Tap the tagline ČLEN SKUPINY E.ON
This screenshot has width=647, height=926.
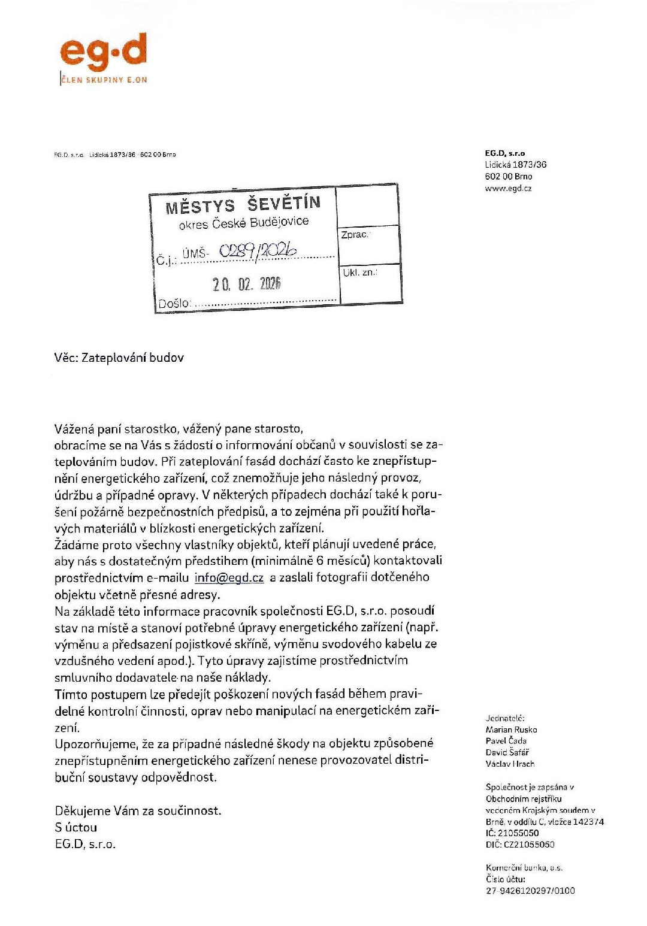[x=104, y=80]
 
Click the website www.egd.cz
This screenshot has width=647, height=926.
[x=508, y=188]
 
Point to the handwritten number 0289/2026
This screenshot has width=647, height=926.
[x=258, y=251]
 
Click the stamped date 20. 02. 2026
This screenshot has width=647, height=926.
[x=246, y=284]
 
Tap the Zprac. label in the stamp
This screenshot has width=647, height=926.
[x=355, y=234]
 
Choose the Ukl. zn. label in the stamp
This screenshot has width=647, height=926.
[x=359, y=273]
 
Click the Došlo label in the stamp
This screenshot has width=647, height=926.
[x=174, y=304]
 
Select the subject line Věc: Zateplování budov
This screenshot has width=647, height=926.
[x=119, y=358]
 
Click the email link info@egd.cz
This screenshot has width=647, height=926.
[x=229, y=578]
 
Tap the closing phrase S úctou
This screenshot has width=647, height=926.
[x=76, y=827]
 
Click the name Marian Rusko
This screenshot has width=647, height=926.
[x=511, y=730]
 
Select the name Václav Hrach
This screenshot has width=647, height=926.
[x=510, y=764]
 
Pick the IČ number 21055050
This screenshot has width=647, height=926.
[x=512, y=833]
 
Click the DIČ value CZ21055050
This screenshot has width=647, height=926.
[x=520, y=845]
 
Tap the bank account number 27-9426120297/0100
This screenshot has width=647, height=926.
[x=530, y=891]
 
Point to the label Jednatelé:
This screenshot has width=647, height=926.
[x=505, y=718]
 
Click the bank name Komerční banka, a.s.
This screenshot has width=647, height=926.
[x=524, y=867]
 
